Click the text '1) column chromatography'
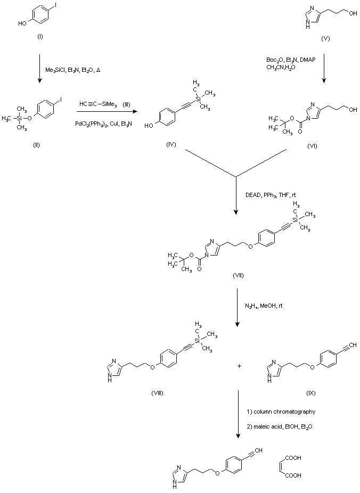click(x=282, y=412)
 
